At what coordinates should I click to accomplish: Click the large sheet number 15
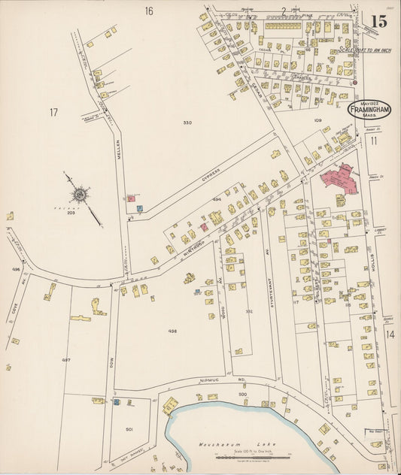379,21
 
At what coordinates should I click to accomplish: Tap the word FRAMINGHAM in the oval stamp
368,109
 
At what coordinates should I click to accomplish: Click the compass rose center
79,195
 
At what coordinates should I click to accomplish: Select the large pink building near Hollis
341,177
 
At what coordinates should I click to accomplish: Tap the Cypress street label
210,174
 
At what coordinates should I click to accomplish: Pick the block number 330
187,122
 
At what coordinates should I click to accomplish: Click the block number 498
172,331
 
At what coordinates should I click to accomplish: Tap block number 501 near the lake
129,429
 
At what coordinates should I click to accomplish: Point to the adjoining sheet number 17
53,113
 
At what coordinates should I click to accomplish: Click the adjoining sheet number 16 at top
149,11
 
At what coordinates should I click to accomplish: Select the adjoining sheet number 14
390,334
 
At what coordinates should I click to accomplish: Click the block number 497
66,360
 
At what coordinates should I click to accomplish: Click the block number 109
318,120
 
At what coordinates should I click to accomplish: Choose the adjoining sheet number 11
373,140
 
